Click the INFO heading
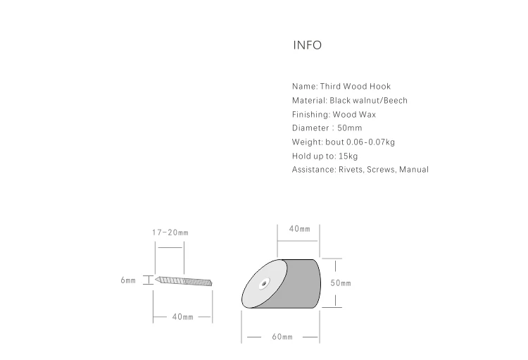click(307, 46)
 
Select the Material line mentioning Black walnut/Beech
click(350, 100)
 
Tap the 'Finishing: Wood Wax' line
click(339, 114)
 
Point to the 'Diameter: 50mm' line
click(327, 128)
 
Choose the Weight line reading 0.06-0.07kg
click(344, 142)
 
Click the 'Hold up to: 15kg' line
click(325, 156)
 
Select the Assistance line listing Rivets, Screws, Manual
click(360, 170)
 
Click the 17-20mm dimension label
click(170, 232)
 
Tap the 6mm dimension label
click(127, 280)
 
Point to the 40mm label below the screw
click(182, 317)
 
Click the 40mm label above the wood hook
click(299, 229)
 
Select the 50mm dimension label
click(341, 283)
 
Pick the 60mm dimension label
click(282, 337)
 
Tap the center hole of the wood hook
click(263, 285)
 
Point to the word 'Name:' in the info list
click(304, 87)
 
